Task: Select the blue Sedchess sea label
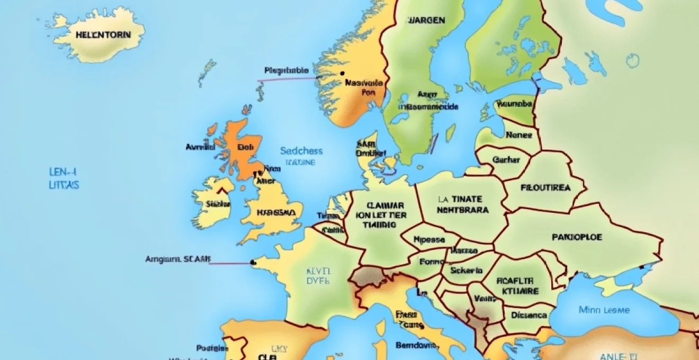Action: click(x=301, y=151)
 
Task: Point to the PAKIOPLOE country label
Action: click(x=577, y=237)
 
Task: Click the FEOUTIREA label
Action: click(x=545, y=187)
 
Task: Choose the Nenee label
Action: click(x=518, y=135)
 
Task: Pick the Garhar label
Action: click(x=506, y=159)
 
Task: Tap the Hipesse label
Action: click(x=428, y=239)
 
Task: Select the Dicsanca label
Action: click(x=529, y=315)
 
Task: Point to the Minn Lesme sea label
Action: click(x=604, y=310)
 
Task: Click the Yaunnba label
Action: click(x=514, y=104)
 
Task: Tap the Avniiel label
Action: click(x=200, y=147)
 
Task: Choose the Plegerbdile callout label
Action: click(x=285, y=70)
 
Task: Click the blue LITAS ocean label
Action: click(x=62, y=185)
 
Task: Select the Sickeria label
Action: click(x=466, y=270)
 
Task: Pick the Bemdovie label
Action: click(x=416, y=345)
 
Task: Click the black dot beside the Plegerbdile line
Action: click(x=343, y=74)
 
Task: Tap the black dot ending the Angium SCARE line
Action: click(x=253, y=262)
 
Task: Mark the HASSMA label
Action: click(x=276, y=212)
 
